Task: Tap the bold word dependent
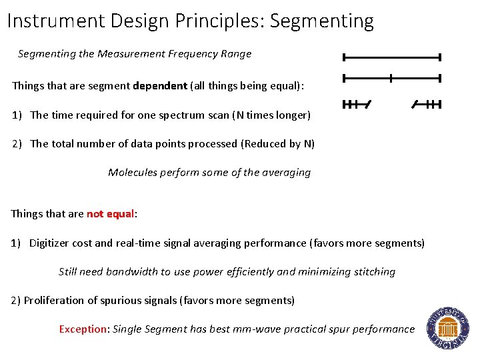pos(160,86)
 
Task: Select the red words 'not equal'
pos(111,214)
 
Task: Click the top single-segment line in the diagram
pos(391,57)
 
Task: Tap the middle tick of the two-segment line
pos(391,78)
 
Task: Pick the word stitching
pos(373,271)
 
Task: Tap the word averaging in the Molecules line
pos(285,172)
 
